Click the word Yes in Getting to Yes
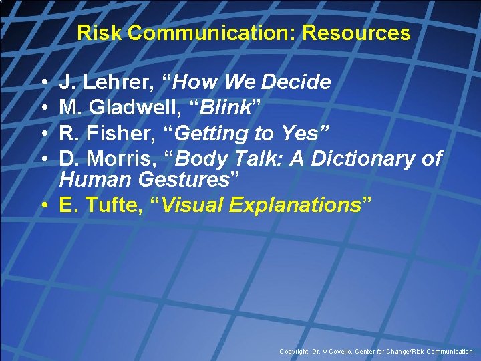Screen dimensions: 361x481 [x=294, y=133]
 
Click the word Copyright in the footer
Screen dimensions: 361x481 [x=295, y=352]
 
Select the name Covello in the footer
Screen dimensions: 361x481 [x=345, y=352]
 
